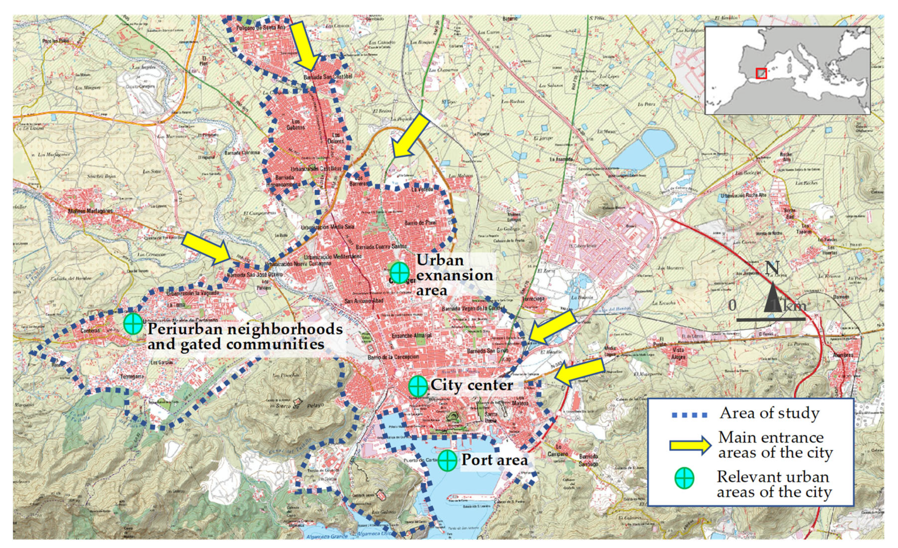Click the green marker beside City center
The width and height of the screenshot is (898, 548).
[418, 386]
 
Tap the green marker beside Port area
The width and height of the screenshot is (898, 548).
[447, 461]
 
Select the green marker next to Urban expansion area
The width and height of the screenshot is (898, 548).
[400, 272]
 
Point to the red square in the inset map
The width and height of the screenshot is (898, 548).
[761, 73]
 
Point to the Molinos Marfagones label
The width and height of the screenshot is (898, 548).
[90, 211]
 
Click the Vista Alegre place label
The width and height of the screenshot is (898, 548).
[678, 353]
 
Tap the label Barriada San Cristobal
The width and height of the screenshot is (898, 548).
[328, 77]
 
